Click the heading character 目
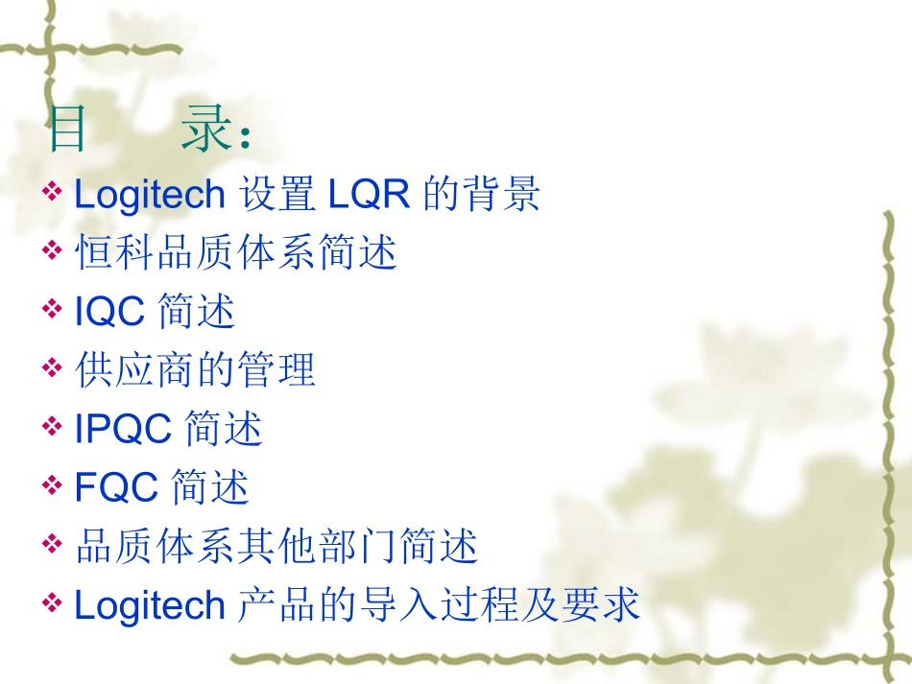coord(67,131)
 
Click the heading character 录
coord(206,131)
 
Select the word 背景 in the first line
coord(509,195)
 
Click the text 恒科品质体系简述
coord(235,253)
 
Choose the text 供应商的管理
coord(195,370)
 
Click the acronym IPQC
coord(123,430)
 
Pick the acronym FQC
coord(116,488)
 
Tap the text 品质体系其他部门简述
coord(276,547)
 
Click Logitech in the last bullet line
coord(149,606)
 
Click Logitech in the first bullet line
coord(149,195)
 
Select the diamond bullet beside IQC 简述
coord(53,309)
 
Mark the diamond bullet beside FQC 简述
coord(53,485)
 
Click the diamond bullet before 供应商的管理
coord(53,367)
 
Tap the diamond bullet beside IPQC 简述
coord(53,427)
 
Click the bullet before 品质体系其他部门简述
coord(53,544)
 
